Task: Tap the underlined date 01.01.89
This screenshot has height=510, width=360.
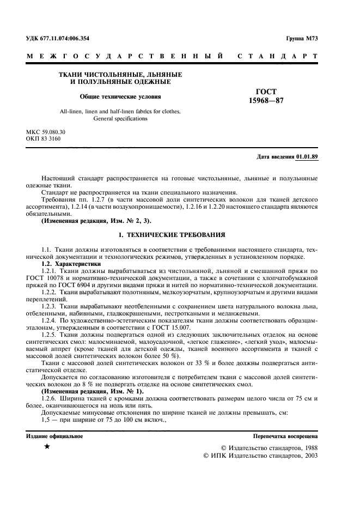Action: pos(308,156)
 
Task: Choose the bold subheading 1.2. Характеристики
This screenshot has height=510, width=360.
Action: pos(70,263)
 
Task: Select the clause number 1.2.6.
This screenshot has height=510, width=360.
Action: pos(51,398)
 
